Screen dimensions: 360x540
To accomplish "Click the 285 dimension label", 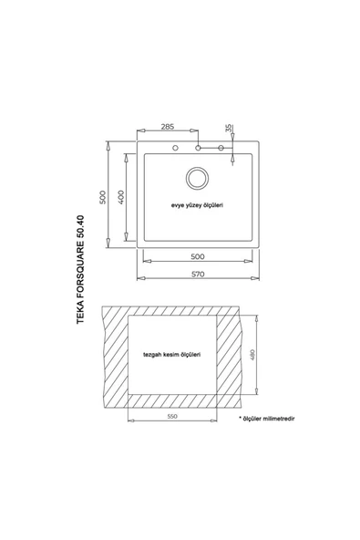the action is [x=168, y=127].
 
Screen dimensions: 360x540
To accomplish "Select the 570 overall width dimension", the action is [x=198, y=275].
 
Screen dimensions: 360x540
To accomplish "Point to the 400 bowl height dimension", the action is [x=121, y=197].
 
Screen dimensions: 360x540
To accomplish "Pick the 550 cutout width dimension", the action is [x=172, y=416].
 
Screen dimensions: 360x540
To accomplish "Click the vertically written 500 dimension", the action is [x=102, y=197].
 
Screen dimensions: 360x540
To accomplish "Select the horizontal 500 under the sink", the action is [x=198, y=256].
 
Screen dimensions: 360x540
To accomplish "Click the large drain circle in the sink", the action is [x=197, y=178].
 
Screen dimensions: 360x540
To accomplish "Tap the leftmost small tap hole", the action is [x=175, y=148].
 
